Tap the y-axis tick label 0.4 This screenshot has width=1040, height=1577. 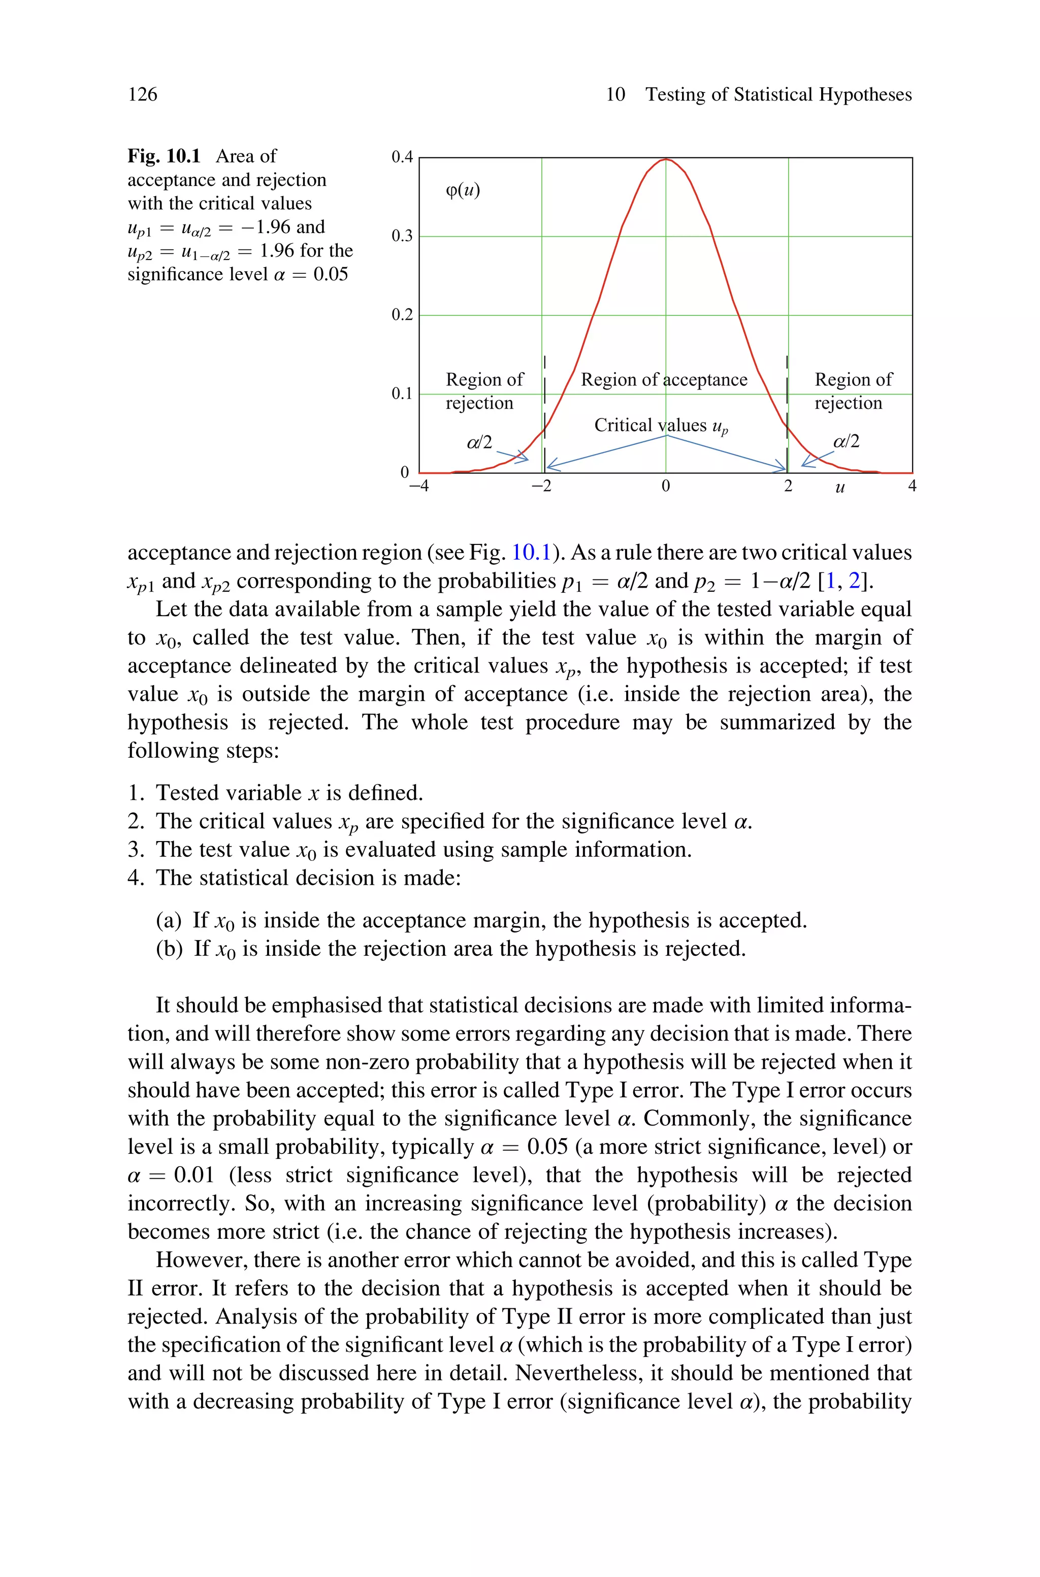point(402,157)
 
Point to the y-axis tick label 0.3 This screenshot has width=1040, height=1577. point(402,236)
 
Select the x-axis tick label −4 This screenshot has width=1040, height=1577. point(418,486)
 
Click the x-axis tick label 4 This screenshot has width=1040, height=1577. point(912,486)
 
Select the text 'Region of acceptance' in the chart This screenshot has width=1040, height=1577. point(664,380)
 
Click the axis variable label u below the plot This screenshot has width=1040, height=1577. point(840,488)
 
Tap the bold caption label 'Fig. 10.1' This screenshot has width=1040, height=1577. point(164,156)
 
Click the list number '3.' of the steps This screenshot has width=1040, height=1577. point(135,850)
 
